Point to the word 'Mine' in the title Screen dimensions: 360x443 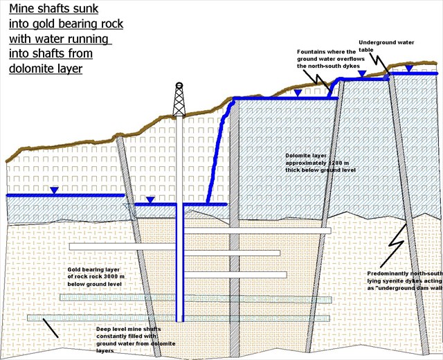pyautogui.click(x=21, y=10)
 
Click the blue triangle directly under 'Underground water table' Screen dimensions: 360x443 pyautogui.click(x=410, y=68)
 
